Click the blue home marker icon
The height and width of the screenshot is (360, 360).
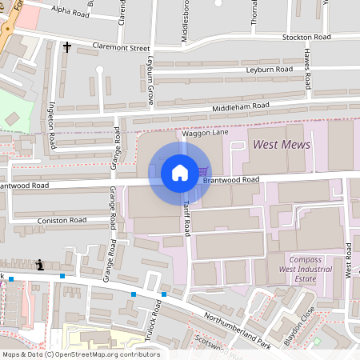(180, 172)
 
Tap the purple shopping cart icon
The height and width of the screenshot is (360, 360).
(204, 171)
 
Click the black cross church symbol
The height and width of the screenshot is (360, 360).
(67, 48)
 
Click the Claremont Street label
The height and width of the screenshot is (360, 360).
(121, 48)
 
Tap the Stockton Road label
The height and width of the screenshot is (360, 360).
(306, 38)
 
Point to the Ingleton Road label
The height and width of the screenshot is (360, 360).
(52, 128)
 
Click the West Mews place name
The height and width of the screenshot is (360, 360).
(281, 145)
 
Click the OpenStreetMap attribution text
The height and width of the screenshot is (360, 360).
(80, 354)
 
